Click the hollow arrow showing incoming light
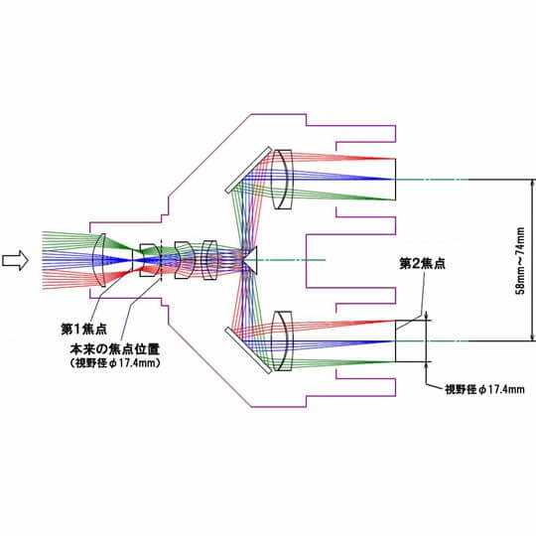click(x=15, y=260)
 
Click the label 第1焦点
click(x=84, y=330)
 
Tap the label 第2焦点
click(x=423, y=264)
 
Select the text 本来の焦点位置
click(x=115, y=349)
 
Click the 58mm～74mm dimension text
click(x=520, y=260)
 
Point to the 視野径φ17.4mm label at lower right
click(x=484, y=389)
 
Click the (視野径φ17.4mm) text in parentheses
click(x=115, y=362)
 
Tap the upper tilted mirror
click(x=248, y=170)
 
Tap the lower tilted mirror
click(x=248, y=350)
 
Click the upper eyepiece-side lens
click(x=282, y=179)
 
